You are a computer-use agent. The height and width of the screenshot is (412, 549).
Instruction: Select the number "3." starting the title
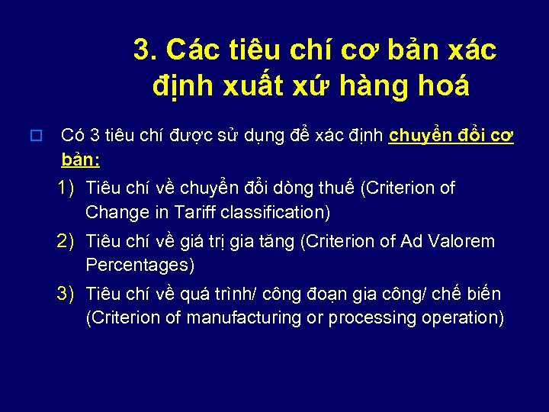click(146, 50)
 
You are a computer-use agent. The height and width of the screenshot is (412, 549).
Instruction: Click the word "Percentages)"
click(140, 266)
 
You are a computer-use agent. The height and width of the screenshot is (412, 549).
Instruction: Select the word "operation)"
click(459, 317)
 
